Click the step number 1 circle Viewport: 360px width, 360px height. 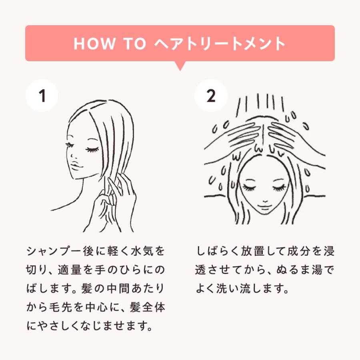point(42,96)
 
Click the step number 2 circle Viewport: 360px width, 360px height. point(211,96)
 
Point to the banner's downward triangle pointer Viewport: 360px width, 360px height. point(180,66)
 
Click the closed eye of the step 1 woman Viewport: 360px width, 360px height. point(93,149)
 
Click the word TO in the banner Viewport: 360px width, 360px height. point(136,44)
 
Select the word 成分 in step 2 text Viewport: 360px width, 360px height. point(298,252)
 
